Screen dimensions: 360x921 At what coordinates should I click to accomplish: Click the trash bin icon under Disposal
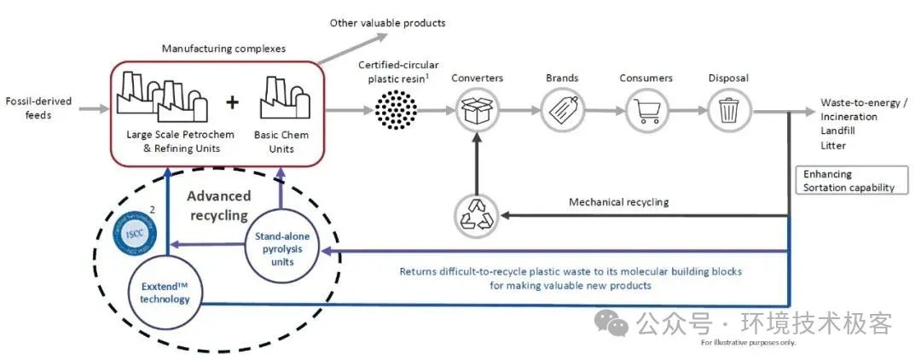[728, 111]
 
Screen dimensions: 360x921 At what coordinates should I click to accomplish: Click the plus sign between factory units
[232, 104]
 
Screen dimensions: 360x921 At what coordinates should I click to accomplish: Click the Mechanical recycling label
[618, 203]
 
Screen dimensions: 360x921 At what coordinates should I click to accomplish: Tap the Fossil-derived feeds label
[38, 108]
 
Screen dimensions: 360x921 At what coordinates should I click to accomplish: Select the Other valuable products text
[387, 22]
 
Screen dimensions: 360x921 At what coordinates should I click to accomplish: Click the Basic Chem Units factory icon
[281, 98]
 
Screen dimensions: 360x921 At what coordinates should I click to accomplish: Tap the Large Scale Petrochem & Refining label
[174, 142]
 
